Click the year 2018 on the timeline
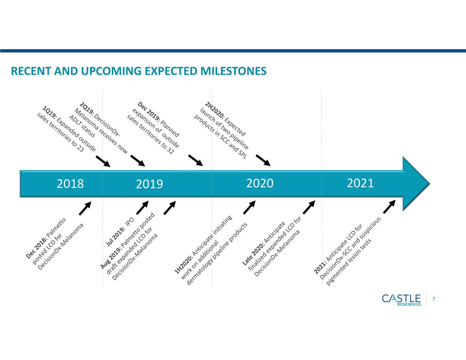(x=70, y=184)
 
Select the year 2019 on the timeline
(x=150, y=184)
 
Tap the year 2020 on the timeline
(x=260, y=183)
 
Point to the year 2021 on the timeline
(x=360, y=183)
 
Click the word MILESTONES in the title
(x=233, y=71)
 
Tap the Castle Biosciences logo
(x=401, y=300)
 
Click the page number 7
(x=434, y=299)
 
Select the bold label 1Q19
(x=50, y=112)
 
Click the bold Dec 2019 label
(x=149, y=111)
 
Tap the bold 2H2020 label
(x=215, y=110)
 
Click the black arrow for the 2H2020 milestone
(x=263, y=160)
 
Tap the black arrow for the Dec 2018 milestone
(x=85, y=208)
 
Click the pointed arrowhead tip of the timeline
(x=430, y=184)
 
